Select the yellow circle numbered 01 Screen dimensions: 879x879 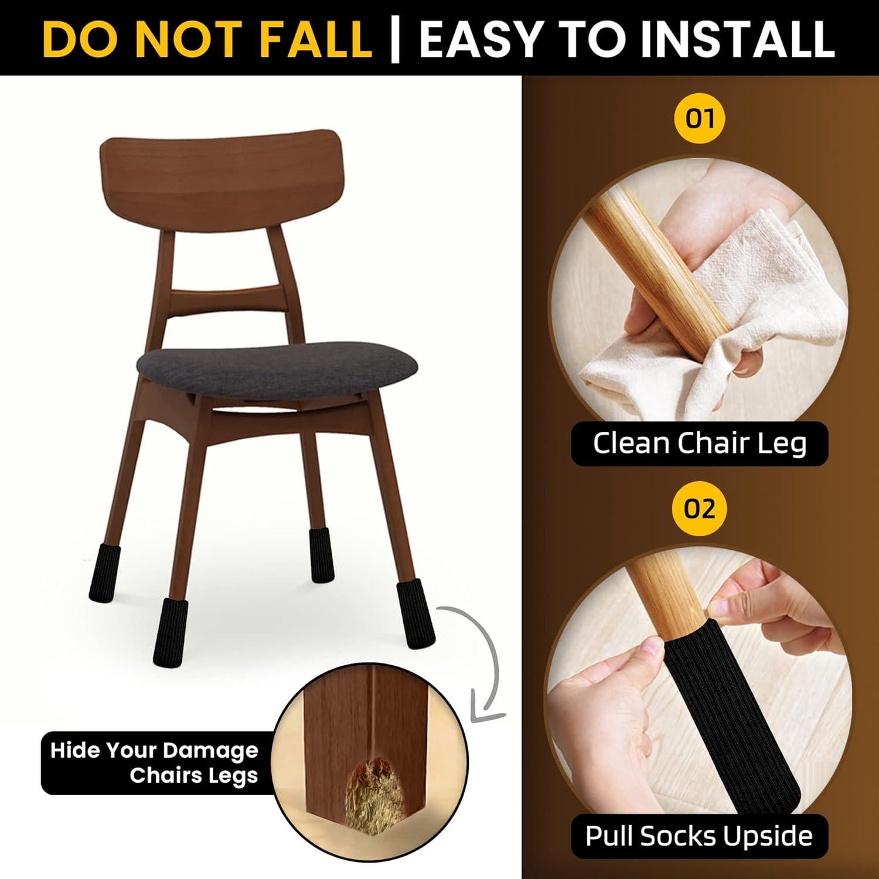pos(700,119)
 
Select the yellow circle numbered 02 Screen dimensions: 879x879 pos(700,508)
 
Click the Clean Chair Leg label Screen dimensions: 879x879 pos(700,444)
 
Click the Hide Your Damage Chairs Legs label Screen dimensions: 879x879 pos(154,763)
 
